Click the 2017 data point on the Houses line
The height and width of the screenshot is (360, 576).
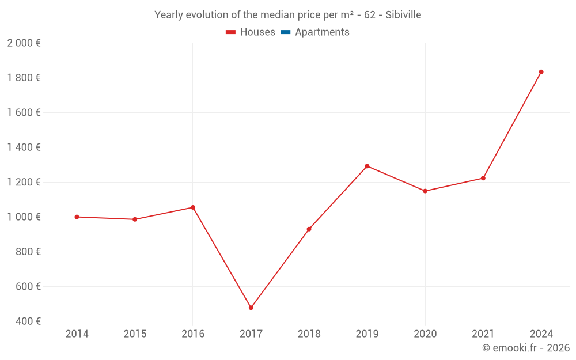251,308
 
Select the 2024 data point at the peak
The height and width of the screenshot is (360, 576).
541,72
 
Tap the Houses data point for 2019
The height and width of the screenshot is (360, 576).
367,166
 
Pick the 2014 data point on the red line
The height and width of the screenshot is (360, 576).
77,217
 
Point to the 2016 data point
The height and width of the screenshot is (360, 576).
193,207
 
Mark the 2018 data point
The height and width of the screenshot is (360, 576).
309,229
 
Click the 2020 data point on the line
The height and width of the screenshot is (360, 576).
425,191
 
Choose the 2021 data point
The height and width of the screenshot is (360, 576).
483,178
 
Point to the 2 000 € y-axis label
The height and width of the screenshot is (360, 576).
24,43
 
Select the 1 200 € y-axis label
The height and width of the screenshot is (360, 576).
24,182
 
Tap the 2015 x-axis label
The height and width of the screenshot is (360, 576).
135,334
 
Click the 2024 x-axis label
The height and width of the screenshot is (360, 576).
541,334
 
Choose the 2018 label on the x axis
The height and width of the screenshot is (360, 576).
309,334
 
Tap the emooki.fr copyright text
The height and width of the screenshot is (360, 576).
526,348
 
